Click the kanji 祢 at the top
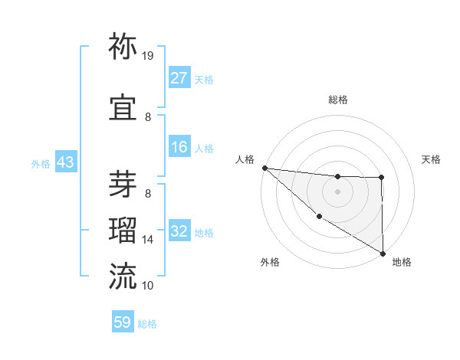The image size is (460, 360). [x=123, y=47]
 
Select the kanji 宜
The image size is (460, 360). [x=123, y=108]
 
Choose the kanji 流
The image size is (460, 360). [x=123, y=276]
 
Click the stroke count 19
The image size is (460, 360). [x=148, y=56]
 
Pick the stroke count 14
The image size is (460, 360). [x=148, y=240]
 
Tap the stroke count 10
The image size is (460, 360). [x=148, y=285]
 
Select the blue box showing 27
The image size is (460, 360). [x=179, y=78]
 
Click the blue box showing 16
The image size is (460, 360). [x=179, y=148]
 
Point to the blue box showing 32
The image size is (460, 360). [x=179, y=232]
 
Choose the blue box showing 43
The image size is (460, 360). [x=64, y=163]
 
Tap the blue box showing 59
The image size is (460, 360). [x=123, y=322]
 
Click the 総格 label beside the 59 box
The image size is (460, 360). [x=147, y=324]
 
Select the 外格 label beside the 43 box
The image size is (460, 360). [x=41, y=164]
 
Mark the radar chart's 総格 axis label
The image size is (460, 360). [x=337, y=100]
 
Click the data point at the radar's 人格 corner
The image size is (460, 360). [x=264, y=168]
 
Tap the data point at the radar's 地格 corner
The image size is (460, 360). [x=382, y=253]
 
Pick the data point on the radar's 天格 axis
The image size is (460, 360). [x=381, y=178]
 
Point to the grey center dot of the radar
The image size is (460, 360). [x=337, y=191]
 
